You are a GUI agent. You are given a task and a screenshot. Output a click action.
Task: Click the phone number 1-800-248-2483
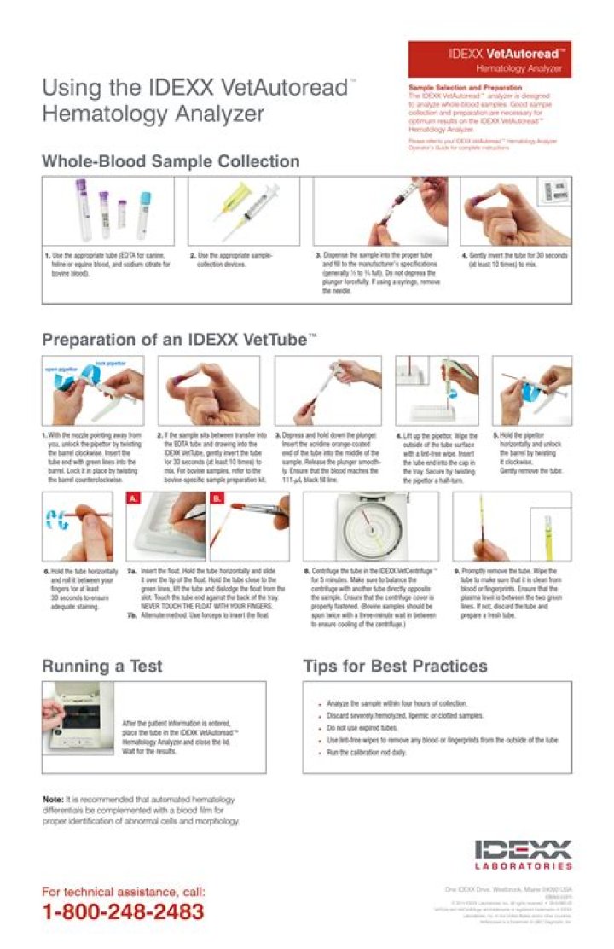coord(123,911)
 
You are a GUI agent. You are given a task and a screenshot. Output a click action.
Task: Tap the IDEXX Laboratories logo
coord(523,854)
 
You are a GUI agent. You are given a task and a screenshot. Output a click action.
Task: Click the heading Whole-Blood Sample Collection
coord(171,161)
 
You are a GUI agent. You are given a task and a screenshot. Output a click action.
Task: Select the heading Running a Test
coord(101,666)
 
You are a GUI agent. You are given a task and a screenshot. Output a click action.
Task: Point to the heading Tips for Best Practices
coord(395,666)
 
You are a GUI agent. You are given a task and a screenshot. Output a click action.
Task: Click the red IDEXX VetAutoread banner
coord(489,59)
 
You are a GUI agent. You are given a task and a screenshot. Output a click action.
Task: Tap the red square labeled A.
coord(132,497)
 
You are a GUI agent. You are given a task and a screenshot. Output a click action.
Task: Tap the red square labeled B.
coord(217,497)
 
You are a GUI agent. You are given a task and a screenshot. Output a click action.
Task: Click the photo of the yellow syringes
coord(243,210)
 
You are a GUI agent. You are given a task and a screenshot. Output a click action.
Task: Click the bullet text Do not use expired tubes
coord(362,728)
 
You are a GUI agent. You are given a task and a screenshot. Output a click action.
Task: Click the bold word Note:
coord(53,799)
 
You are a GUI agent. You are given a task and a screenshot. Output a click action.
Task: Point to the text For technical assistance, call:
coord(123,892)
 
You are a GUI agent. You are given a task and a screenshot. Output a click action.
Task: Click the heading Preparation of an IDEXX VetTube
coord(179,339)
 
